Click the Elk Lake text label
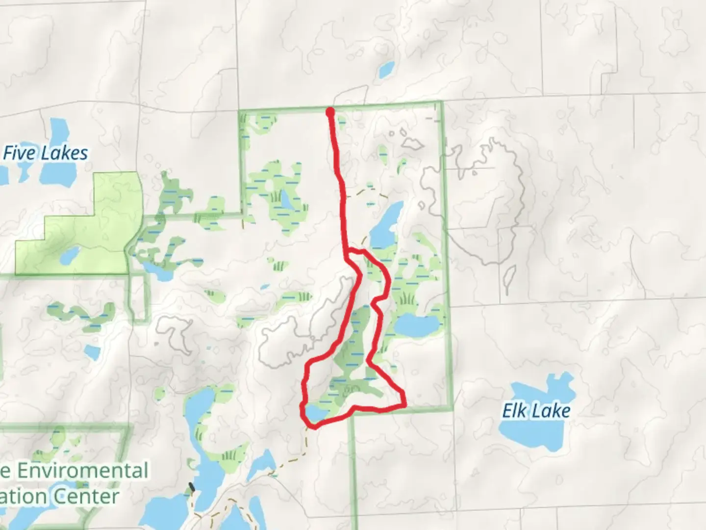[536, 410]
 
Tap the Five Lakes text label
[46, 153]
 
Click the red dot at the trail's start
[330, 112]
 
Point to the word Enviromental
[82, 470]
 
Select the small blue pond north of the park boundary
[386, 70]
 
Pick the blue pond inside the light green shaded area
[69, 255]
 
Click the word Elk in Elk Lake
[513, 410]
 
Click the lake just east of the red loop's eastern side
[417, 326]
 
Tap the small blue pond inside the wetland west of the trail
[284, 199]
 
